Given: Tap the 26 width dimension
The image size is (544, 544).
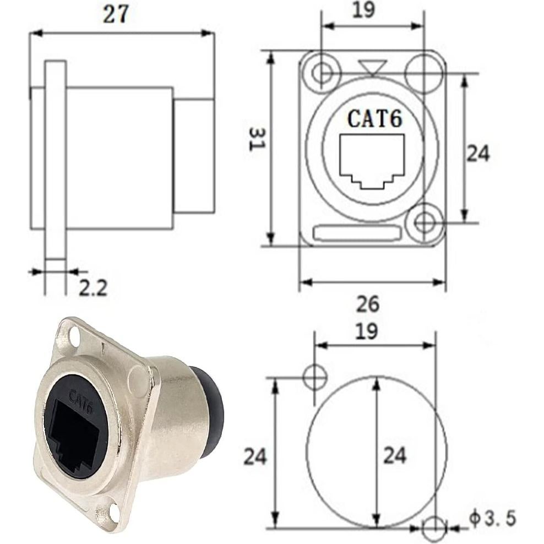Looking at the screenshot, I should pyautogui.click(x=368, y=303).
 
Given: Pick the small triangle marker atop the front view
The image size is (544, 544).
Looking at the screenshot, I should pyautogui.click(x=372, y=68).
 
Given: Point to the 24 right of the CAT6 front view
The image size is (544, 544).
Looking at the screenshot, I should pyautogui.click(x=477, y=154).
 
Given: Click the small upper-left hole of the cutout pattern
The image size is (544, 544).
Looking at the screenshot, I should pyautogui.click(x=314, y=377).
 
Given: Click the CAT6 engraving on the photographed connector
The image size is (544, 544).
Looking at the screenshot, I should pyautogui.click(x=80, y=397).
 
